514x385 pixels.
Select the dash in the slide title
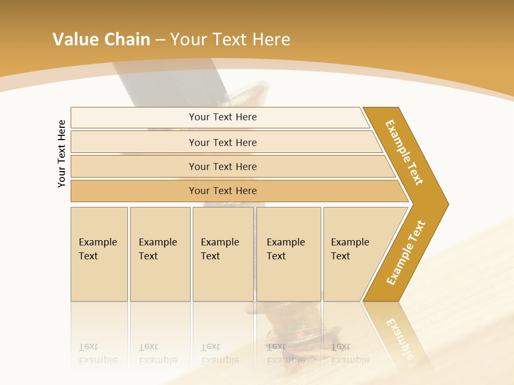(x=160, y=40)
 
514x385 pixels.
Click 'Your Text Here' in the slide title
(x=230, y=40)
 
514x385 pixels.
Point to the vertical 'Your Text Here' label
(x=62, y=153)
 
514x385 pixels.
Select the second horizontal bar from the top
(x=223, y=142)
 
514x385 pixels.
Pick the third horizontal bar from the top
(x=223, y=166)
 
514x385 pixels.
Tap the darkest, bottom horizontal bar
(x=223, y=191)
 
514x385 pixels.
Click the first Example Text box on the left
(x=99, y=253)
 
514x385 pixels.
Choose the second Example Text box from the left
(x=160, y=253)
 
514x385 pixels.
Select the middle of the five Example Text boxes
(x=223, y=253)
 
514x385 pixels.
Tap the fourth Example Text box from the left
(x=289, y=253)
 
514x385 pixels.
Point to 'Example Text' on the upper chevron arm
(x=404, y=152)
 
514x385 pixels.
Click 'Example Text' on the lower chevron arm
(x=405, y=253)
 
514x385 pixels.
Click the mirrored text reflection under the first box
(x=98, y=353)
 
